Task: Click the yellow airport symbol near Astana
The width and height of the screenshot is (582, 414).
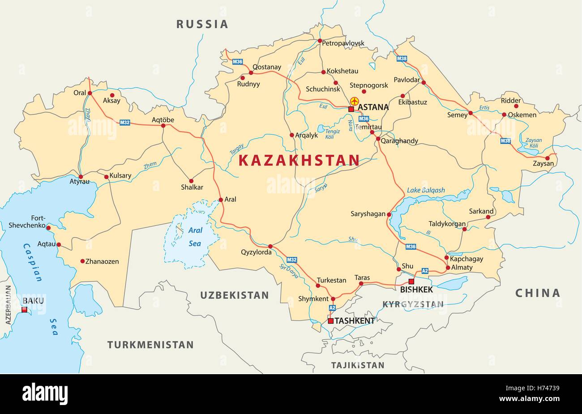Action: tap(355, 101)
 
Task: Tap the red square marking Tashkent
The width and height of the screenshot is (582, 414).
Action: tap(330, 321)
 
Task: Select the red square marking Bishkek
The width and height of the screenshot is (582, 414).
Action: tap(411, 282)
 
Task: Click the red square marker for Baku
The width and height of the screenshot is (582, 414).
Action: tap(25, 309)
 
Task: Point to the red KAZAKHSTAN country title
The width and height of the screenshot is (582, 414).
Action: tap(299, 160)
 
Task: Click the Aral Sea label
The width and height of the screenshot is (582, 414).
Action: tap(195, 236)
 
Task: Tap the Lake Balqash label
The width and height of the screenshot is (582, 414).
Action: tap(426, 190)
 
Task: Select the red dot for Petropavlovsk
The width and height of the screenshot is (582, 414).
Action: tap(320, 41)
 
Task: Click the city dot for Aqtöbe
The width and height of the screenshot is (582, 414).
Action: tap(163, 126)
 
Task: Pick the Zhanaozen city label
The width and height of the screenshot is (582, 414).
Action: tap(102, 261)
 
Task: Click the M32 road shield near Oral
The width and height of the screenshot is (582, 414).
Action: tap(125, 122)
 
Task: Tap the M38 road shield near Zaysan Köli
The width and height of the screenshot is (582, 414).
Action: tap(505, 141)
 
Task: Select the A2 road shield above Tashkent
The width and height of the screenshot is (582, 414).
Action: tap(332, 308)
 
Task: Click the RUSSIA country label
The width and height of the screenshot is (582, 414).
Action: tap(202, 24)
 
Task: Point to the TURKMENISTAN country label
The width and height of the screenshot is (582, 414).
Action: tap(150, 345)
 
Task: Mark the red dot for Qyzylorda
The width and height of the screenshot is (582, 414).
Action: tap(270, 246)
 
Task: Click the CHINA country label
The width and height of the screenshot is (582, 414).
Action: tap(537, 293)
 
